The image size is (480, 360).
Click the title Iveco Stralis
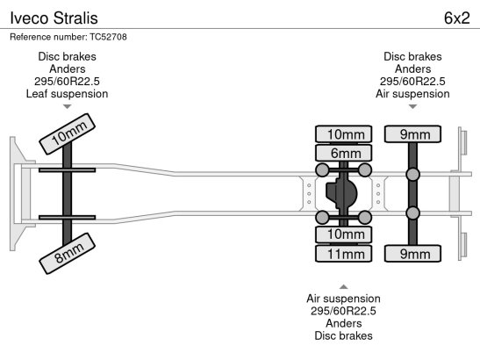click(54, 18)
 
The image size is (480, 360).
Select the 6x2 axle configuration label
click(456, 18)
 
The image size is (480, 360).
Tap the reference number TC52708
click(108, 37)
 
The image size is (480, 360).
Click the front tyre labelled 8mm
click(68, 254)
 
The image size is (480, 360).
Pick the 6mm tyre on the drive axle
click(343, 153)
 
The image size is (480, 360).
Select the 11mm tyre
click(343, 254)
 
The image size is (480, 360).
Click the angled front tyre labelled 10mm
click(68, 133)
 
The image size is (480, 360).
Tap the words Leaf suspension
click(67, 94)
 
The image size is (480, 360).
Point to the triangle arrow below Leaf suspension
click(67, 106)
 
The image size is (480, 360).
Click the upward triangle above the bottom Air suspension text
click(343, 287)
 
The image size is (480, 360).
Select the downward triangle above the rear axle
click(412, 106)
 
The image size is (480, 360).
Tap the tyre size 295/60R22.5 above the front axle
click(67, 82)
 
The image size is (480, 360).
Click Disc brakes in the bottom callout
click(343, 335)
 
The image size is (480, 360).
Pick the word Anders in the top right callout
click(412, 69)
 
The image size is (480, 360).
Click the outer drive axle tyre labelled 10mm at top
click(343, 134)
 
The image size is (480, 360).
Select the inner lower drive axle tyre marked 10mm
click(343, 234)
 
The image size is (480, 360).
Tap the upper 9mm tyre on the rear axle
click(412, 134)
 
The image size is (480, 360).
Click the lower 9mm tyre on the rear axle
click(412, 254)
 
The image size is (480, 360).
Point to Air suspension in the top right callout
click(412, 94)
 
